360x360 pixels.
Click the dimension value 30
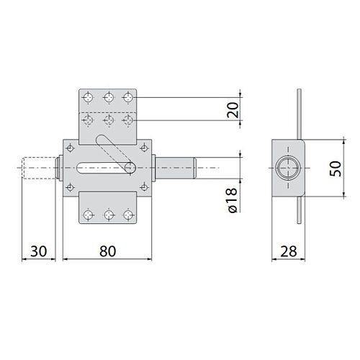click(38, 251)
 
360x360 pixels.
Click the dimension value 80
click(107, 251)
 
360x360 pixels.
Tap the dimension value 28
click(289, 251)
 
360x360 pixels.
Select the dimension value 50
click(336, 168)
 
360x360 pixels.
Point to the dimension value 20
click(233, 110)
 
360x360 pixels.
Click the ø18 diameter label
click(233, 200)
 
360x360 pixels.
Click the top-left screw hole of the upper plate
click(88, 98)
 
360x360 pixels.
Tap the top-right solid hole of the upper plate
click(128, 98)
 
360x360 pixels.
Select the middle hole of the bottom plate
click(109, 215)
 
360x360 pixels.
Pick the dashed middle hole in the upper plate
click(109, 120)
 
